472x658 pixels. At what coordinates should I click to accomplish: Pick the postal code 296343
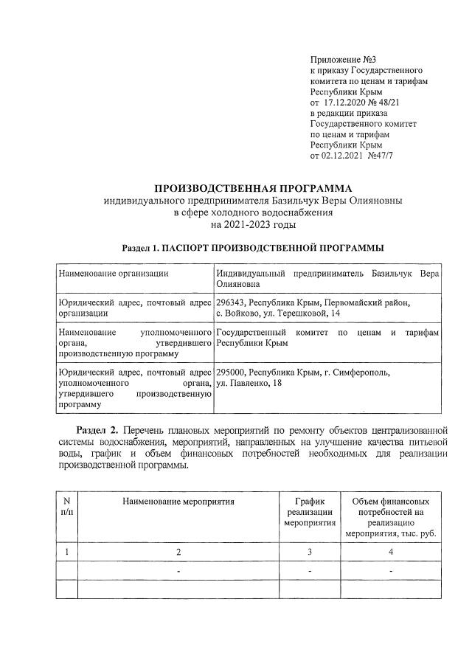point(231,302)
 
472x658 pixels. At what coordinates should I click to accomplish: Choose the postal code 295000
point(231,373)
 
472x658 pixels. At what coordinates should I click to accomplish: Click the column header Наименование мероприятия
point(178,502)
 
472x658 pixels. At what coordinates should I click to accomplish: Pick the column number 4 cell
point(391,552)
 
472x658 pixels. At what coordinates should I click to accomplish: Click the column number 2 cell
point(178,552)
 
